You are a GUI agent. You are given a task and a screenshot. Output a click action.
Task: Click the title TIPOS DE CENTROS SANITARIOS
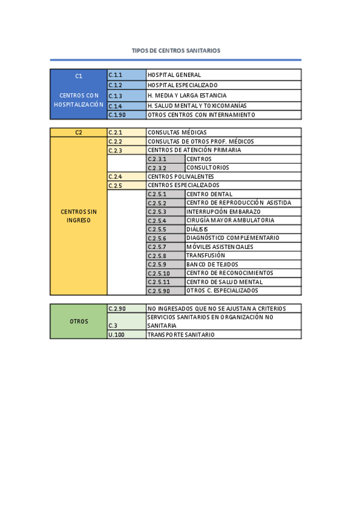click(176, 51)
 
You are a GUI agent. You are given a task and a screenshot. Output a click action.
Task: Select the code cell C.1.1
click(126, 75)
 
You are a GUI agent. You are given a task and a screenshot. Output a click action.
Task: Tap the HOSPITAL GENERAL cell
click(223, 75)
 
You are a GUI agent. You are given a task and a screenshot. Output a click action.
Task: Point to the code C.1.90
click(126, 115)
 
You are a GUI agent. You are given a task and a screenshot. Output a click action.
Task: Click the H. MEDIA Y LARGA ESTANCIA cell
click(223, 96)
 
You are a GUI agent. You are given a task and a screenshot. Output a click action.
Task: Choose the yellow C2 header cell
click(79, 132)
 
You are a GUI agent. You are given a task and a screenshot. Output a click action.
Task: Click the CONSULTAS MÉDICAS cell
click(223, 132)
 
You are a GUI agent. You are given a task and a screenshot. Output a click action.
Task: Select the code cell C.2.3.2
click(165, 168)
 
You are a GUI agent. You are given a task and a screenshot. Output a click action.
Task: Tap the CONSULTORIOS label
click(242, 168)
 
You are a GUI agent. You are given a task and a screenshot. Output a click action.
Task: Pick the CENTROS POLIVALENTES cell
click(223, 177)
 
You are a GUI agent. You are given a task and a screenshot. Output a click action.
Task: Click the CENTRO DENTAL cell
click(242, 194)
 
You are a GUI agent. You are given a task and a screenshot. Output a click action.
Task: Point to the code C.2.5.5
click(165, 229)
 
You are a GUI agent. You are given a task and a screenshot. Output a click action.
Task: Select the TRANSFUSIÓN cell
click(242, 256)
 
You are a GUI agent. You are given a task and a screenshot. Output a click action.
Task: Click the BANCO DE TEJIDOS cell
click(242, 265)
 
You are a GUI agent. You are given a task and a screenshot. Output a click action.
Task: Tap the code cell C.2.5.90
click(165, 290)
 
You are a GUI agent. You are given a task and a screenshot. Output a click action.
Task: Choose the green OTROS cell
click(79, 322)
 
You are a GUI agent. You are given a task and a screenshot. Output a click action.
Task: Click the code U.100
click(126, 334)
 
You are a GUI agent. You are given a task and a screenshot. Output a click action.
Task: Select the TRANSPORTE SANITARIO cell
click(223, 334)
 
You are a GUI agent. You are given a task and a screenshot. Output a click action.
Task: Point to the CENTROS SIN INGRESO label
click(79, 216)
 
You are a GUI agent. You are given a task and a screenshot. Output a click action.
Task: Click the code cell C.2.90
click(126, 309)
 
